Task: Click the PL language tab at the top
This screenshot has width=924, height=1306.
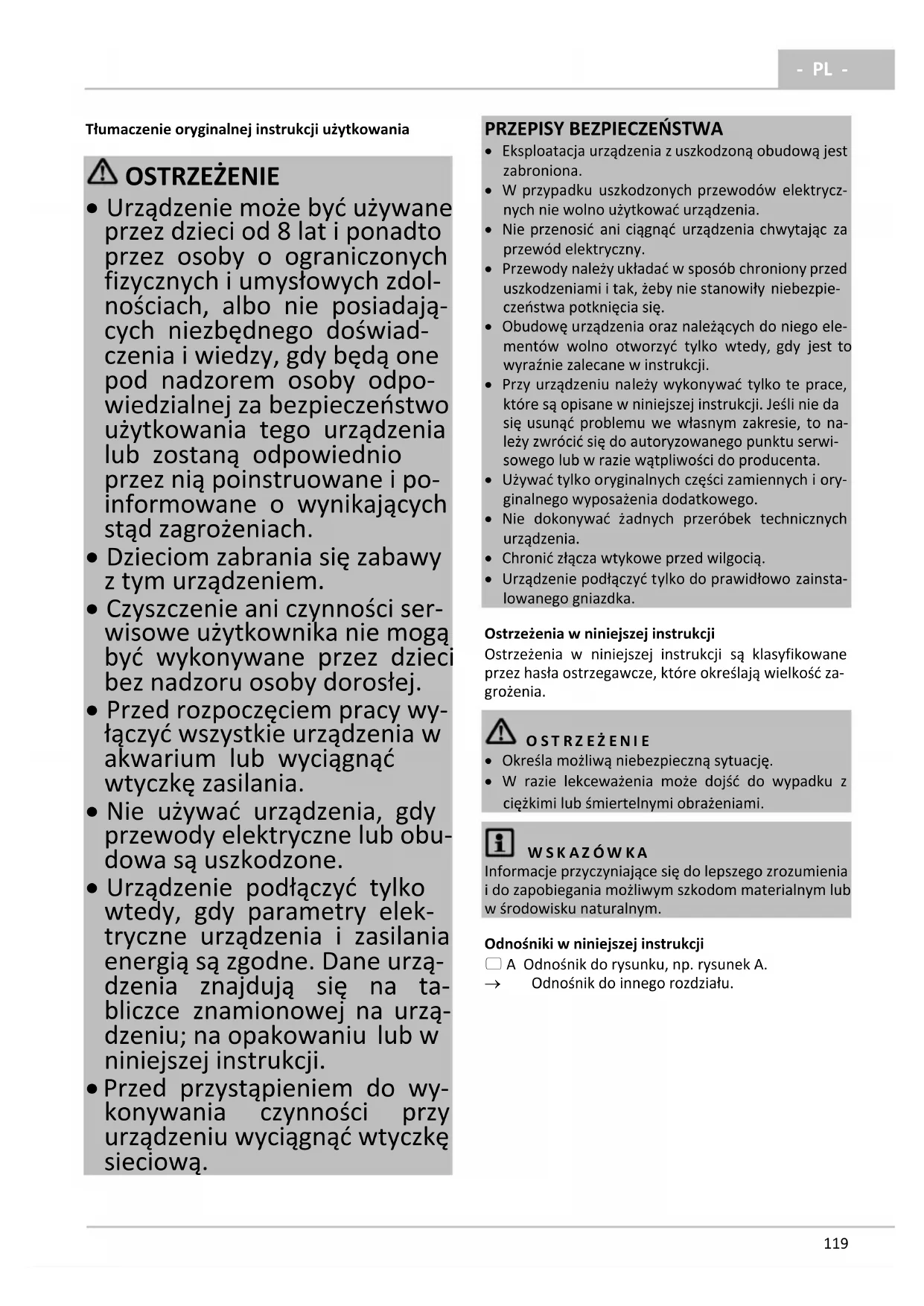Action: coord(822,69)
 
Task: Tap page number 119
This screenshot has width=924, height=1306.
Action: coord(835,1243)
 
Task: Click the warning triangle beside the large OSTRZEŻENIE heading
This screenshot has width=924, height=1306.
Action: coord(102,173)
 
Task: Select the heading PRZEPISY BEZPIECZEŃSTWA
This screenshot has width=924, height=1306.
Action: coord(604,129)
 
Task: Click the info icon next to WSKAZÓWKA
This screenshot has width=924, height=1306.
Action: coord(500,843)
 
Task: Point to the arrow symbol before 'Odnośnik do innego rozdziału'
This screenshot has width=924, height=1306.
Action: coord(493,984)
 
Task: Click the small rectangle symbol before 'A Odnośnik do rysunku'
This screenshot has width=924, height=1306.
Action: coord(493,964)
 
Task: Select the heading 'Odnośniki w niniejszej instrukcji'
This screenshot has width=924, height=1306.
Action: coord(593,944)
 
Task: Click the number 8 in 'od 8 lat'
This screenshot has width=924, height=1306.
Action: coord(284,232)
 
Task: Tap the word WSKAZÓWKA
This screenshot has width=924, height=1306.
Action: coord(587,853)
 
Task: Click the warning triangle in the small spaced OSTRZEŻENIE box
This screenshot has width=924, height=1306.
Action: coord(500,732)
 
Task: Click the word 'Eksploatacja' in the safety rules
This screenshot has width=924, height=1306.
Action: coord(544,151)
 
